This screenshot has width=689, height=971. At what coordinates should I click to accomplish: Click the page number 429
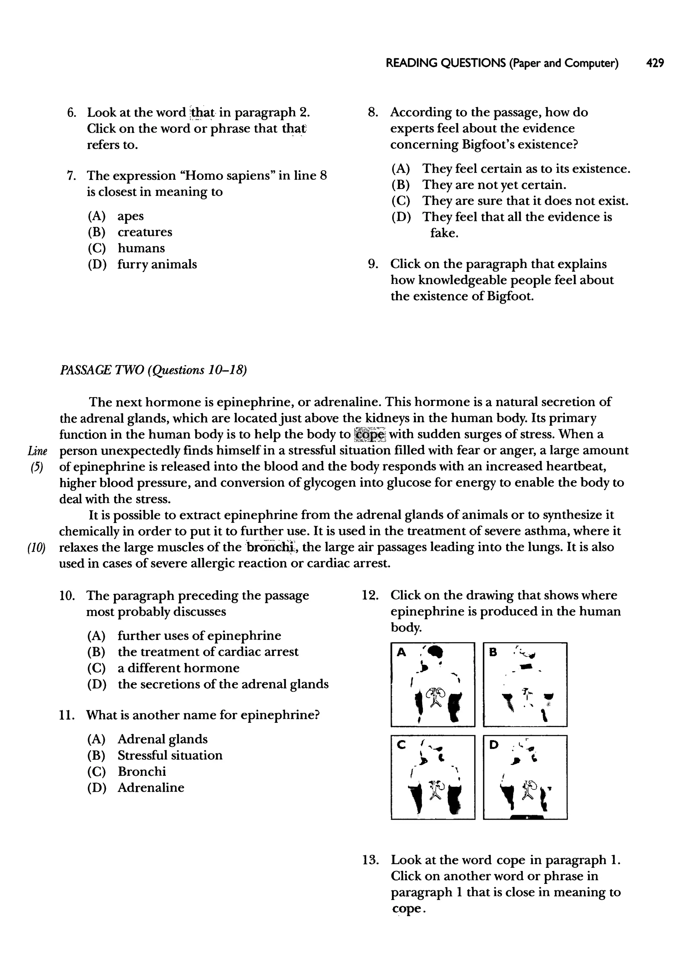point(655,63)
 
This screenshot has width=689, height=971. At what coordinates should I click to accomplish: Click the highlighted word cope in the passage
point(369,434)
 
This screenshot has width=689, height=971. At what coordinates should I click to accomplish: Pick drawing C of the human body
point(433,777)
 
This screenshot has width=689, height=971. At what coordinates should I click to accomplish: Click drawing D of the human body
point(525,777)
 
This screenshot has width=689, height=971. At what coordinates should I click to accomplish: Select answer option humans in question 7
point(141,248)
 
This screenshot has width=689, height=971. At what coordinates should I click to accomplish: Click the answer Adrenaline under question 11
point(151,787)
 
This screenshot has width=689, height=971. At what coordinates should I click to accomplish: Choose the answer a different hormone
point(178,668)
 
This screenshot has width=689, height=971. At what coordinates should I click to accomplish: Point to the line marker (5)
point(36,467)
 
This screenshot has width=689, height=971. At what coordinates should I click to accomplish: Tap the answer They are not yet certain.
point(494,185)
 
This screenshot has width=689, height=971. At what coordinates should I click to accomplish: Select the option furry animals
point(157,264)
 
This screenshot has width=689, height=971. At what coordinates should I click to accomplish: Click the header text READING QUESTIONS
point(445,63)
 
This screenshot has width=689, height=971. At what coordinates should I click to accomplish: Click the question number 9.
point(372,264)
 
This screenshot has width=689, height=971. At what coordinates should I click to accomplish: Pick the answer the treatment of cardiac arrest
point(208,652)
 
